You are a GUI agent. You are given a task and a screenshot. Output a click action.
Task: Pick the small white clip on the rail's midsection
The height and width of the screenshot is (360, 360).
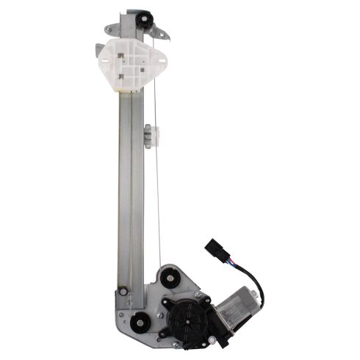150,134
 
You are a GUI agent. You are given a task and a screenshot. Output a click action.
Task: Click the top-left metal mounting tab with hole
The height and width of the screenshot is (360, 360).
111,29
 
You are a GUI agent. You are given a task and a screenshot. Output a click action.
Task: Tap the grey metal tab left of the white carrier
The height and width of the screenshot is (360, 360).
99,50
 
